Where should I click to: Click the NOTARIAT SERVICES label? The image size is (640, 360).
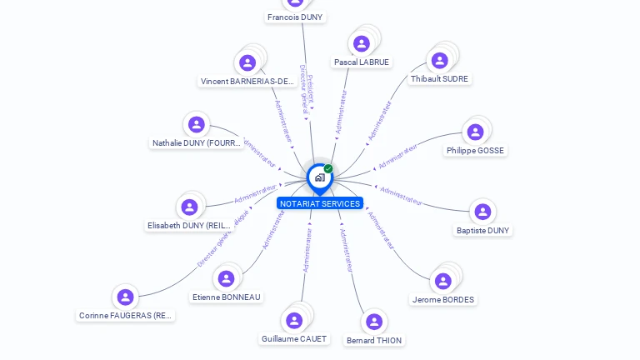pyautogui.click(x=320, y=204)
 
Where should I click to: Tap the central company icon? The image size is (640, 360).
pyautogui.click(x=319, y=177)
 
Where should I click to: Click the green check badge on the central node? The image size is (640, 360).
pyautogui.click(x=328, y=168)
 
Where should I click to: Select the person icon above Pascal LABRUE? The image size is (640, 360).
pyautogui.click(x=362, y=43)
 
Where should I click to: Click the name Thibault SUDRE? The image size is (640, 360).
pyautogui.click(x=439, y=79)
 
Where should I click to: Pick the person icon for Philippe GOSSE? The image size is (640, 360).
pyautogui.click(x=475, y=132)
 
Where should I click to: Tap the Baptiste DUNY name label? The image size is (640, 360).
pyautogui.click(x=482, y=231)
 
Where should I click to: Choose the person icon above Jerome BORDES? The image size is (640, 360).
pyautogui.click(x=443, y=281)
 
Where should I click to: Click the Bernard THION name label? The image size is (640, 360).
pyautogui.click(x=374, y=341)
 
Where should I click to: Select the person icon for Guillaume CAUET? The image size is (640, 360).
pyautogui.click(x=294, y=320)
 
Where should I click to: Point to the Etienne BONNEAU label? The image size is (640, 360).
pyautogui.click(x=227, y=297)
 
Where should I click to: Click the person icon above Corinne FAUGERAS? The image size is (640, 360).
pyautogui.click(x=125, y=297)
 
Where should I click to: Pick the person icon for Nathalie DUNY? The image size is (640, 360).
pyautogui.click(x=197, y=124)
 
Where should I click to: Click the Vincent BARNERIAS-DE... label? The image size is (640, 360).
pyautogui.click(x=247, y=82)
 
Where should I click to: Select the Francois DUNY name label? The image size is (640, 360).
pyautogui.click(x=295, y=17)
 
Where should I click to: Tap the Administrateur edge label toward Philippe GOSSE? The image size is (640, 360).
pyautogui.click(x=399, y=155)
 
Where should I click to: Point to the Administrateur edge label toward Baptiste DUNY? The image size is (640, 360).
pyautogui.click(x=401, y=196)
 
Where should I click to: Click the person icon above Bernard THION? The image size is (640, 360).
pyautogui.click(x=374, y=321)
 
